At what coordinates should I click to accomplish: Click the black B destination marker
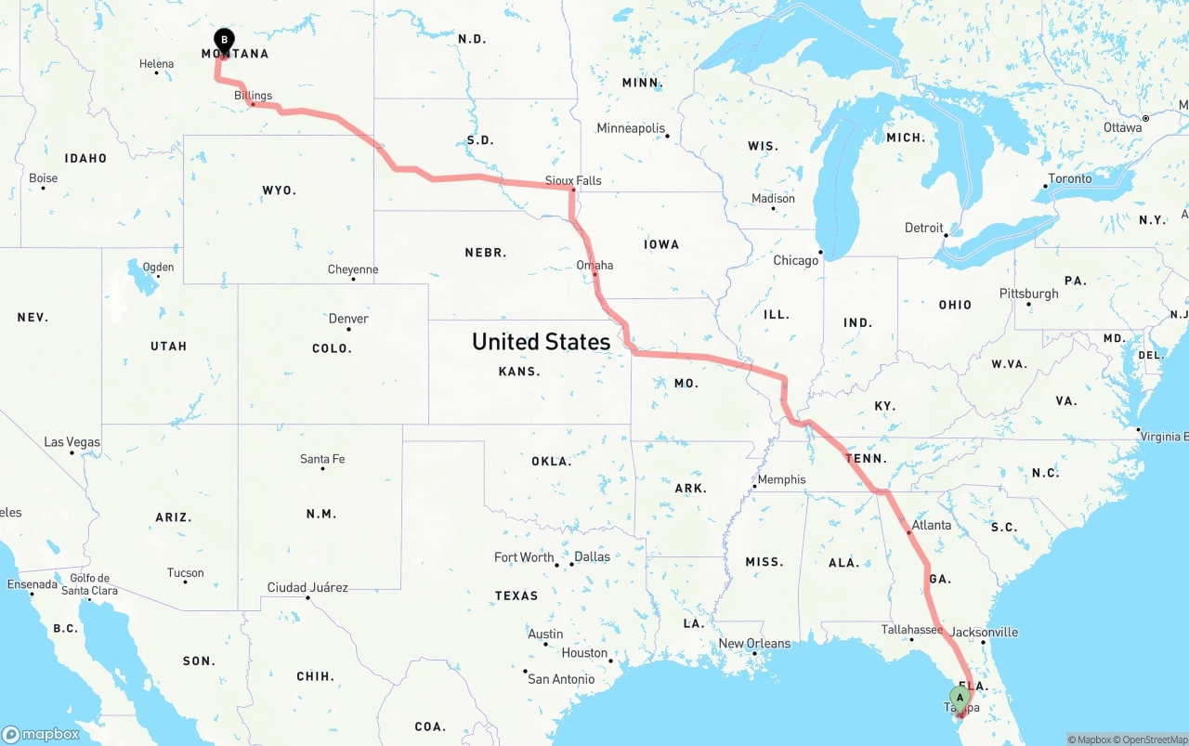click(223, 39)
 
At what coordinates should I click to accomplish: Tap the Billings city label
click(253, 96)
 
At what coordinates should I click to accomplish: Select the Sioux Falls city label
click(573, 180)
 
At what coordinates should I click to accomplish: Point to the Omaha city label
click(594, 265)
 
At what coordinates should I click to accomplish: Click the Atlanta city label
click(931, 525)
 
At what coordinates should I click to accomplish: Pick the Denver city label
click(348, 319)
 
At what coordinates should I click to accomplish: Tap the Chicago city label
click(796, 260)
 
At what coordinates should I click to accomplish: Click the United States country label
click(541, 342)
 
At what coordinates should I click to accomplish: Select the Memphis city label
click(781, 479)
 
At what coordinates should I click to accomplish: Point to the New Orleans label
click(754, 643)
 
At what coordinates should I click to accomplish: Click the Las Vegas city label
click(72, 441)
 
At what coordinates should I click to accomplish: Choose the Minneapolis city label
click(631, 128)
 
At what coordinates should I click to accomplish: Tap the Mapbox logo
click(41, 734)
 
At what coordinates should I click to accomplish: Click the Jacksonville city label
click(985, 632)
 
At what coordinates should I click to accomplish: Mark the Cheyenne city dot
click(353, 279)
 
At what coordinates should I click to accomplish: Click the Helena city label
click(156, 64)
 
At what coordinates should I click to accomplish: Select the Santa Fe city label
click(322, 459)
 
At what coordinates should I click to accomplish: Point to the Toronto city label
click(1070, 177)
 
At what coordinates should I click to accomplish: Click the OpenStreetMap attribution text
click(1153, 740)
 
